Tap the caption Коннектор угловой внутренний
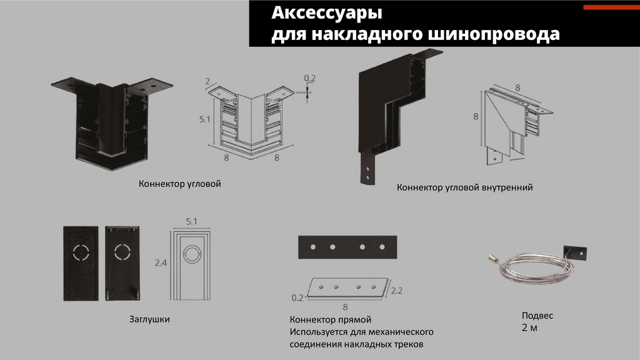click(x=464, y=187)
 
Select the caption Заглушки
click(x=149, y=319)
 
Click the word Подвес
click(x=537, y=316)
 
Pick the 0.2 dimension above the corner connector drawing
click(x=309, y=77)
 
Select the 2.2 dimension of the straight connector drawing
click(x=396, y=291)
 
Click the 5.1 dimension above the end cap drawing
click(x=191, y=221)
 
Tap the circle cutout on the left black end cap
click(x=81, y=252)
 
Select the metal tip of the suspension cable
click(x=492, y=257)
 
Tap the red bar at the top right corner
click(x=611, y=8)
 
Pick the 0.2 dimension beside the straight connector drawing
click(x=297, y=298)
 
